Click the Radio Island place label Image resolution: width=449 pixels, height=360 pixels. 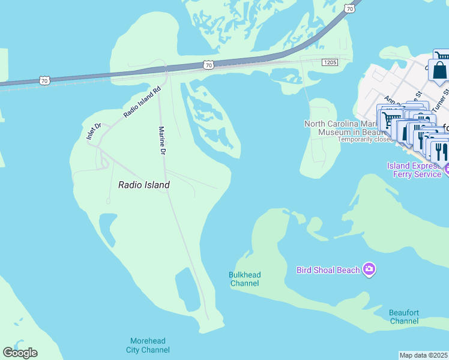[144, 185]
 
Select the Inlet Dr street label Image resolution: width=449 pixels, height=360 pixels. [93, 131]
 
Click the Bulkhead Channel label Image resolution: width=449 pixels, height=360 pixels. [245, 279]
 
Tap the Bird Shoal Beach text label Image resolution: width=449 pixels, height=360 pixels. [328, 270]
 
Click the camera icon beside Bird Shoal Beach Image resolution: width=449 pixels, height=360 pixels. [369, 270]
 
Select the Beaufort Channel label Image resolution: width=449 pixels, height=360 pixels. [404, 317]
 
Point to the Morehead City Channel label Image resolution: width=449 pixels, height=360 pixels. [148, 346]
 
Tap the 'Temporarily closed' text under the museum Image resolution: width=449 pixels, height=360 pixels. [365, 139]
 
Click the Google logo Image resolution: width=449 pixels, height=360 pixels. [20, 353]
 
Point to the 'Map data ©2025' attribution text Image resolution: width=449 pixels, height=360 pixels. [424, 355]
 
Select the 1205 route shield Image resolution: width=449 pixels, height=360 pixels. [330, 62]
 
